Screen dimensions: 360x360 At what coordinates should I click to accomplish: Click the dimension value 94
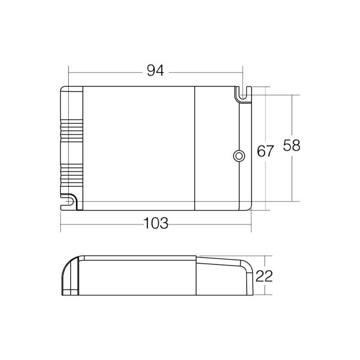pyautogui.click(x=154, y=71)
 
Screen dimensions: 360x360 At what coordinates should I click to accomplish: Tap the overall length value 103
pyautogui.click(x=155, y=223)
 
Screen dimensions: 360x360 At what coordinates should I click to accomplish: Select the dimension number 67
pyautogui.click(x=265, y=151)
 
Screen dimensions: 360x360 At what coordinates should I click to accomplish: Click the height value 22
pyautogui.click(x=265, y=276)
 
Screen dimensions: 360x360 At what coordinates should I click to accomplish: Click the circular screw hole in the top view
pyautogui.click(x=238, y=156)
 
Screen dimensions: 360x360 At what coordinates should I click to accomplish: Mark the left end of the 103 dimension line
pyautogui.click(x=61, y=223)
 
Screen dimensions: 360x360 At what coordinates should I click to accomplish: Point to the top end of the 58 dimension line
pyautogui.click(x=292, y=95)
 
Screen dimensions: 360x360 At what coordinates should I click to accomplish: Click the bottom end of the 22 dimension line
pyautogui.click(x=266, y=296)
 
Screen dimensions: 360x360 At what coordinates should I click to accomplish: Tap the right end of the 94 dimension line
pyautogui.click(x=243, y=71)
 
